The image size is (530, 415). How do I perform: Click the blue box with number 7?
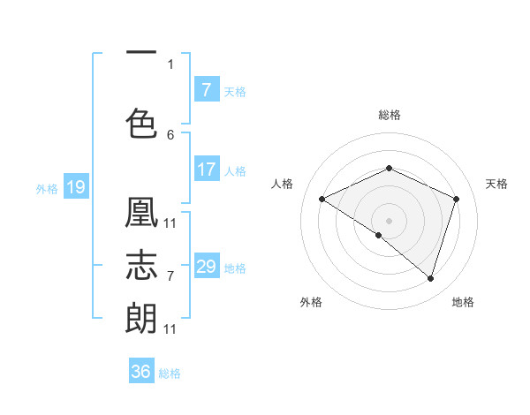tap(206, 90)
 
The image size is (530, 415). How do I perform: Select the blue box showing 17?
tap(206, 170)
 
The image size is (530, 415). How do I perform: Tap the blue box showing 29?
tap(206, 267)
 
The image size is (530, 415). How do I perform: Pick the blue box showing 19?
tap(75, 187)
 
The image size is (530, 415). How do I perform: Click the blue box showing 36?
tap(141, 372)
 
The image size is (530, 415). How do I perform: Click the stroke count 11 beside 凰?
tap(170, 222)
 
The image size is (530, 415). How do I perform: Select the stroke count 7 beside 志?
tap(170, 275)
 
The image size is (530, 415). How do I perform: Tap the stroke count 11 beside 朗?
tap(170, 328)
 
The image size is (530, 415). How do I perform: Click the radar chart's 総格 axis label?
tap(389, 115)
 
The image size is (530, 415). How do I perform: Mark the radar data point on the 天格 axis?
tap(457, 199)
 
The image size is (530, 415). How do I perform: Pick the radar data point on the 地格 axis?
tap(431, 278)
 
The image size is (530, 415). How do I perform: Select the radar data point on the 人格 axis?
tap(322, 199)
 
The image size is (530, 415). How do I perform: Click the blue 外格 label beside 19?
tap(46, 188)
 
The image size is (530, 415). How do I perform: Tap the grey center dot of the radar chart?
tap(389, 220)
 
